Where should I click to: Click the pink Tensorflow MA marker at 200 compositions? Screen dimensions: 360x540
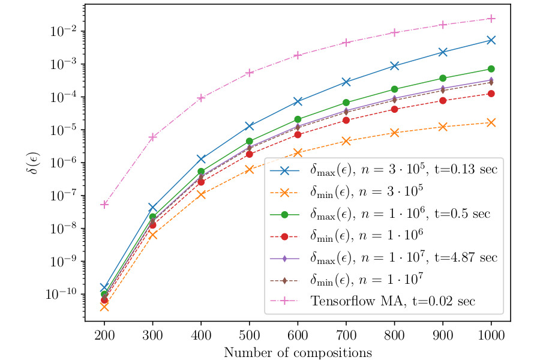[104, 205]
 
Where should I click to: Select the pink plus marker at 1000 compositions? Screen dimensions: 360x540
[491, 19]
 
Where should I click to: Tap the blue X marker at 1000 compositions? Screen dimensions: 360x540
[491, 40]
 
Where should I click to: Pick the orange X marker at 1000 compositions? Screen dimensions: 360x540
[491, 122]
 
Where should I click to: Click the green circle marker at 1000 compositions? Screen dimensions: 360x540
[491, 69]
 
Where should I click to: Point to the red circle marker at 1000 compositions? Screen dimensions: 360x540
[491, 94]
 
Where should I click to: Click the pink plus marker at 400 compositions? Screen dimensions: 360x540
[201, 98]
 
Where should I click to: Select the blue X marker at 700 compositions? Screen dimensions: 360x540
[346, 82]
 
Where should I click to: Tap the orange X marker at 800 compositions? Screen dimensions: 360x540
[395, 133]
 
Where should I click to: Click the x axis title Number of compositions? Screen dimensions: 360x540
[298, 352]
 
